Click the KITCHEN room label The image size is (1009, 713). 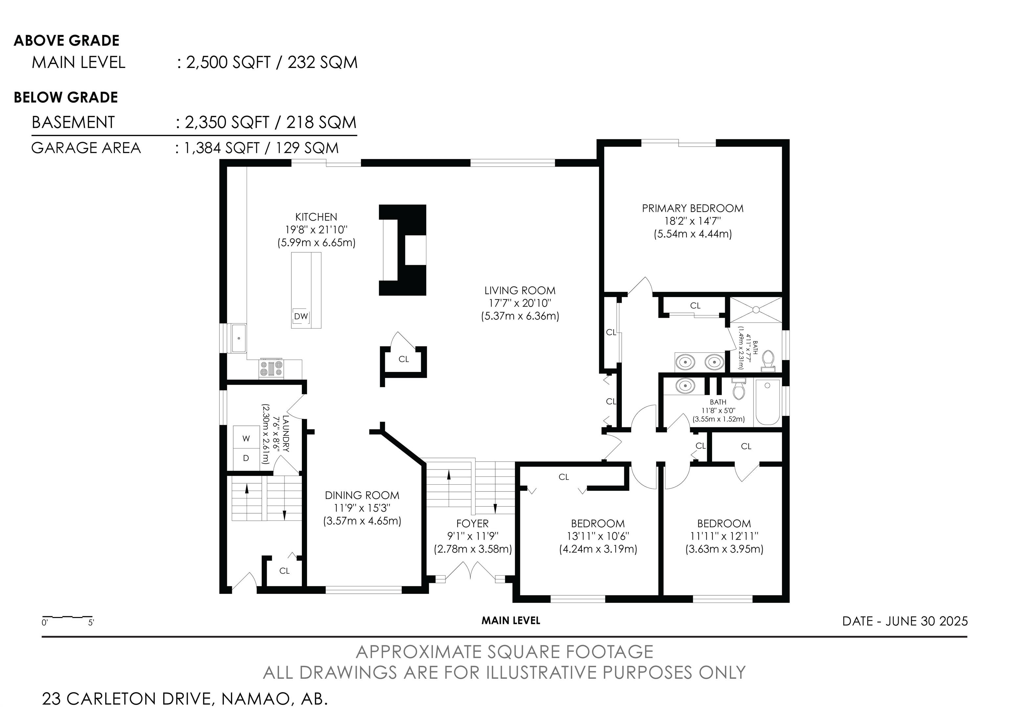(x=316, y=217)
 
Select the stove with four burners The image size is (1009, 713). (x=272, y=368)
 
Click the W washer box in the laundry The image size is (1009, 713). (x=246, y=438)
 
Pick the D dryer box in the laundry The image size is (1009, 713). (x=246, y=458)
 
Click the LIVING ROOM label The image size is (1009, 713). (x=520, y=290)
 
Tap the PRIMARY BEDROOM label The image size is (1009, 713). (x=693, y=208)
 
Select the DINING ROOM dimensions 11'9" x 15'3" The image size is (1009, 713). (x=362, y=508)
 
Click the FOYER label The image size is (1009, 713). (x=472, y=523)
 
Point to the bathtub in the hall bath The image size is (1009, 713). (x=767, y=402)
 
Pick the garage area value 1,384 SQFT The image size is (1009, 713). (x=221, y=148)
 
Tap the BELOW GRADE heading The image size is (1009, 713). (x=66, y=97)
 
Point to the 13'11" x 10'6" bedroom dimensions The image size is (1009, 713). (x=598, y=536)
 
